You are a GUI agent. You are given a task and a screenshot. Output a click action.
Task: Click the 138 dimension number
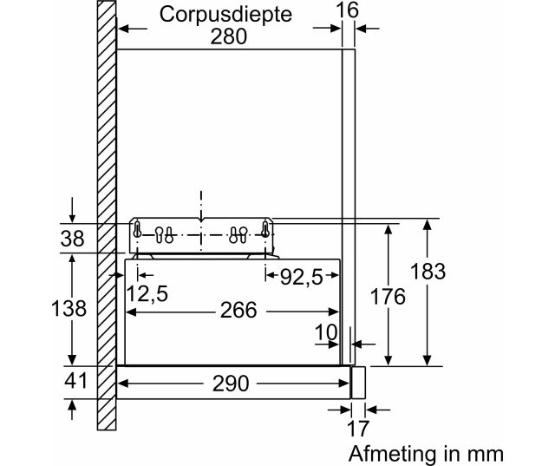[69, 308]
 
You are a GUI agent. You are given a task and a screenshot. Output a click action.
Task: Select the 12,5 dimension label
[147, 294]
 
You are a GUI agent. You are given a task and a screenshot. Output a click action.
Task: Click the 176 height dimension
[387, 297]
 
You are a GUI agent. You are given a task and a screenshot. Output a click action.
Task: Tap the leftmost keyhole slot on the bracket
[137, 230]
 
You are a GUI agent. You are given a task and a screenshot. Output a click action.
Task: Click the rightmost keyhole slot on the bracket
[264, 230]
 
